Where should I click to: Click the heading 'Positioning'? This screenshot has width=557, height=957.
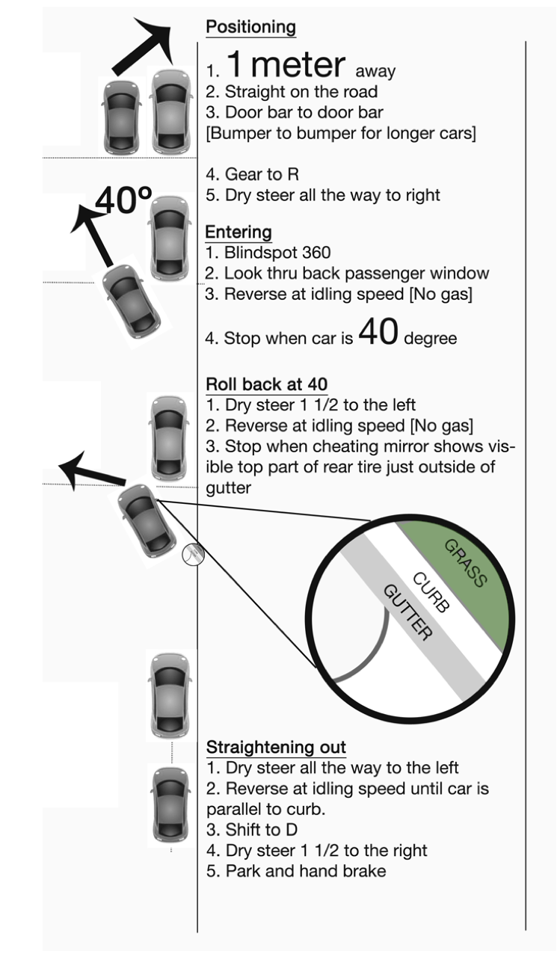point(250,28)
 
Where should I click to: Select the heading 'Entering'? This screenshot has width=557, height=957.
point(239,232)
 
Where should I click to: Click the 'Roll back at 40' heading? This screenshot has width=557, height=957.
point(266,384)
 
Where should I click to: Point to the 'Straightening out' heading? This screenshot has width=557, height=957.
point(276,747)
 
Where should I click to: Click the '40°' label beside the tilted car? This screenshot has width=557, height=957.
point(124,200)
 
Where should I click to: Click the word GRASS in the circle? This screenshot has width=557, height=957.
point(466,562)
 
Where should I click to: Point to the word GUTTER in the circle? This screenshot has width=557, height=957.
point(407,613)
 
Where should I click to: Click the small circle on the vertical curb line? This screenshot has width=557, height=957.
point(193,554)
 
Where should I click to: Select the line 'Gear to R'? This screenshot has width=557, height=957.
point(252,174)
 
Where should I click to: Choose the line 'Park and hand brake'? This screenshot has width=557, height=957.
point(296,871)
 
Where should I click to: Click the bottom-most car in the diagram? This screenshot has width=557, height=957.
point(170,804)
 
